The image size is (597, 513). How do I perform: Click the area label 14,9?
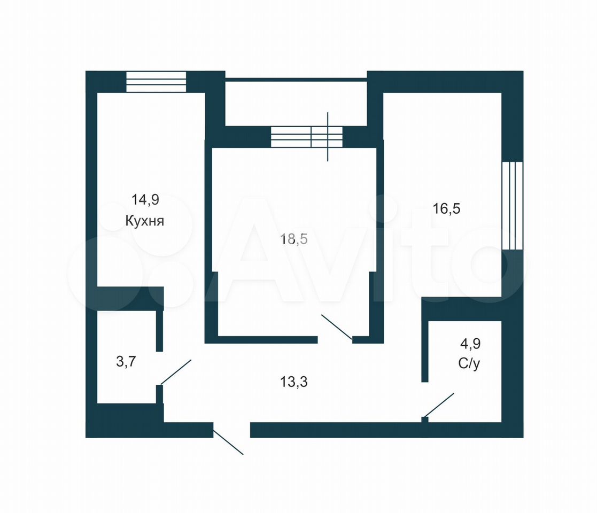[x=145, y=199]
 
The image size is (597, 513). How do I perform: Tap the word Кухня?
[x=145, y=221]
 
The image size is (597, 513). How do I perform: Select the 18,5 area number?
[x=294, y=239]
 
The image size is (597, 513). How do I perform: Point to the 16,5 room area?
[x=447, y=208]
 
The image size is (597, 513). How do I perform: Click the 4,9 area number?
[x=470, y=344]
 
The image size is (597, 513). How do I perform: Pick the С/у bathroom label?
[x=469, y=363]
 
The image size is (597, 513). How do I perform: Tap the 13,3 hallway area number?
[x=294, y=382]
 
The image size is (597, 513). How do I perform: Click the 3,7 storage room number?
[x=126, y=361]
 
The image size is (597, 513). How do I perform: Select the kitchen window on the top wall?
[x=156, y=81]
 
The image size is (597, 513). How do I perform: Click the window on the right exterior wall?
[x=512, y=206]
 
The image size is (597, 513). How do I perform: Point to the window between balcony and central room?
[x=306, y=137]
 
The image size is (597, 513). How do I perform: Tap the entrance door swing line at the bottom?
[x=228, y=442]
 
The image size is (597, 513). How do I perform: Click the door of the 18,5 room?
[x=337, y=327]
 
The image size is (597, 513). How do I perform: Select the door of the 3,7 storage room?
[x=176, y=372]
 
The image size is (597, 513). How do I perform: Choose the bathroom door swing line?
[x=439, y=405]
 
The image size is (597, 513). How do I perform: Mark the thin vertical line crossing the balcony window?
[x=328, y=137]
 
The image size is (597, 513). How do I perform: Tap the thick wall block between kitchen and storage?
[x=130, y=298]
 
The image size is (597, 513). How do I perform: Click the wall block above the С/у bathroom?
[x=461, y=309]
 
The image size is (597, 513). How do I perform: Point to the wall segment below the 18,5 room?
[x=268, y=339]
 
